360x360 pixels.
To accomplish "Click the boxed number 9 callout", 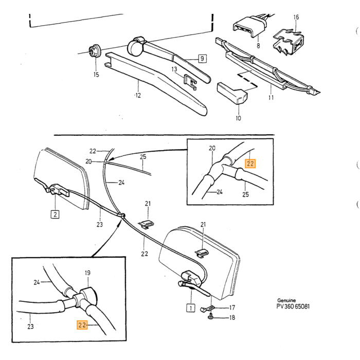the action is (x=202, y=59).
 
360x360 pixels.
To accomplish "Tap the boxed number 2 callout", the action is (x=55, y=214).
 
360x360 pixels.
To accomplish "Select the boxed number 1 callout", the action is (x=191, y=308).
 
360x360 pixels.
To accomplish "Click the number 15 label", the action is (x=96, y=75).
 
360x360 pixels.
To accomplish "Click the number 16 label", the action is (x=296, y=17).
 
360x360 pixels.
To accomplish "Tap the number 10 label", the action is (x=238, y=118).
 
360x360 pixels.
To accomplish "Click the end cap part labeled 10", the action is (x=232, y=93).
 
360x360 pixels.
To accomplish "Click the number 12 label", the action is (x=138, y=95).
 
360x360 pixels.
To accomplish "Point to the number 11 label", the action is (x=271, y=98).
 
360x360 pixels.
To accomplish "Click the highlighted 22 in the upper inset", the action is (x=250, y=164).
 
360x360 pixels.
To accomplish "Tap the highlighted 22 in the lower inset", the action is (x=82, y=325).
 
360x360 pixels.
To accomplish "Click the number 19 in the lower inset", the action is (x=87, y=273).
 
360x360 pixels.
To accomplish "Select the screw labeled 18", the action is (x=211, y=317).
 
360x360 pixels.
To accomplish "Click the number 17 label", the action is (x=232, y=307).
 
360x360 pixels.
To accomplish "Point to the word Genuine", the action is (x=286, y=300).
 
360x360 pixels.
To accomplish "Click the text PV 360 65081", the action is (x=293, y=307).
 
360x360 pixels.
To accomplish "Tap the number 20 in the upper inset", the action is (x=212, y=148).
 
